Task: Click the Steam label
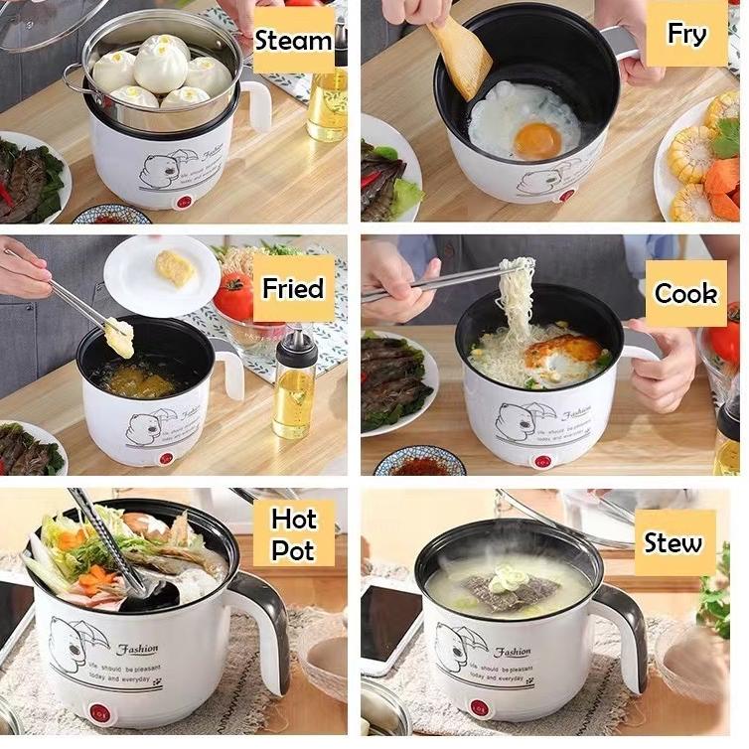pos(293,41)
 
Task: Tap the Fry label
pos(686,34)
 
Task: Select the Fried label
pos(293,289)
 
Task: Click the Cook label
pos(685,293)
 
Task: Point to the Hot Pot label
pos(293,534)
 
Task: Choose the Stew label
pos(674,543)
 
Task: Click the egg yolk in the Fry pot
pos(536,139)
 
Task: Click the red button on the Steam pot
pos(182,203)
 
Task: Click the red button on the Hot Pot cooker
pos(99,713)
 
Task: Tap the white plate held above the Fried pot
pos(161,275)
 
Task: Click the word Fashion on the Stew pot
pos(513,652)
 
